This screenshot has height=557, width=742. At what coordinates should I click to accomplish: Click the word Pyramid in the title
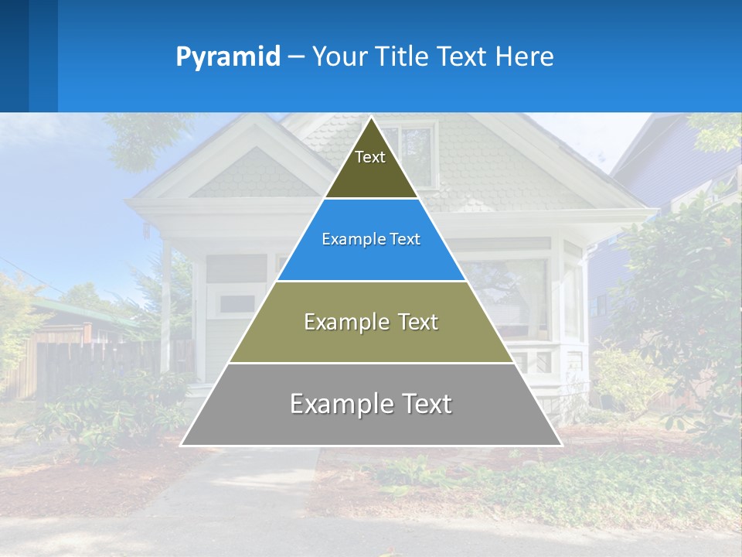point(227,56)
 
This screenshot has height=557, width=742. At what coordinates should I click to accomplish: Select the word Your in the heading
point(339,56)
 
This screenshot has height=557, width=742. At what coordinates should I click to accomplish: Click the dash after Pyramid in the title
point(295,56)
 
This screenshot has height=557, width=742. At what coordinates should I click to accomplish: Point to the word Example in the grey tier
point(337,404)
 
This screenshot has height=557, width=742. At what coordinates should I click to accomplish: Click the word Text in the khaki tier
point(413,322)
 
